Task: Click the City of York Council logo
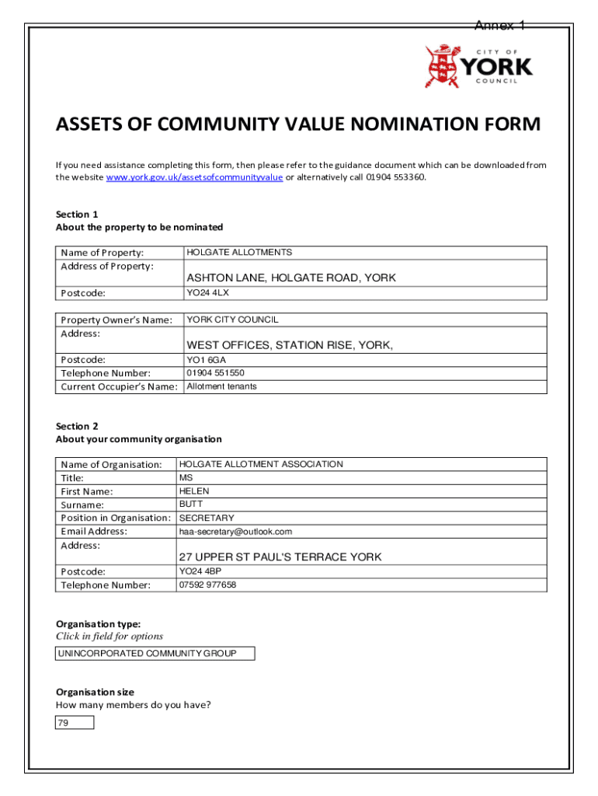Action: pyautogui.click(x=478, y=66)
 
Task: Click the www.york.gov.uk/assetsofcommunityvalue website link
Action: pyautogui.click(x=194, y=177)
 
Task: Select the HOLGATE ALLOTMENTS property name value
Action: pyautogui.click(x=239, y=253)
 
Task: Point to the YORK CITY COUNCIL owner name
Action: pyautogui.click(x=232, y=319)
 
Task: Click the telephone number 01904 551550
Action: pyautogui.click(x=215, y=373)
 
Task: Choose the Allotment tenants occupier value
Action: pyautogui.click(x=221, y=386)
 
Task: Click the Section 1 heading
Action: pyautogui.click(x=77, y=214)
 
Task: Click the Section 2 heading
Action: pyautogui.click(x=77, y=426)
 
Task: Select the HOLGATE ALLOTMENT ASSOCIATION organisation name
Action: pyautogui.click(x=261, y=464)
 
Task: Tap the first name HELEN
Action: pyautogui.click(x=194, y=491)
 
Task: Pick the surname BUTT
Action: pyautogui.click(x=191, y=504)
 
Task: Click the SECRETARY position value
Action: pyautogui.click(x=207, y=518)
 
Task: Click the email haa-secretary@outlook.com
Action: pyautogui.click(x=235, y=532)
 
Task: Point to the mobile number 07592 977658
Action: pyautogui.click(x=207, y=585)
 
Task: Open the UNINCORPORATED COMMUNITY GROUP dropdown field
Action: pyautogui.click(x=155, y=654)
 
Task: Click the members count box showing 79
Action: pyautogui.click(x=75, y=723)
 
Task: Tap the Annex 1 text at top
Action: pyautogui.click(x=500, y=26)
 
